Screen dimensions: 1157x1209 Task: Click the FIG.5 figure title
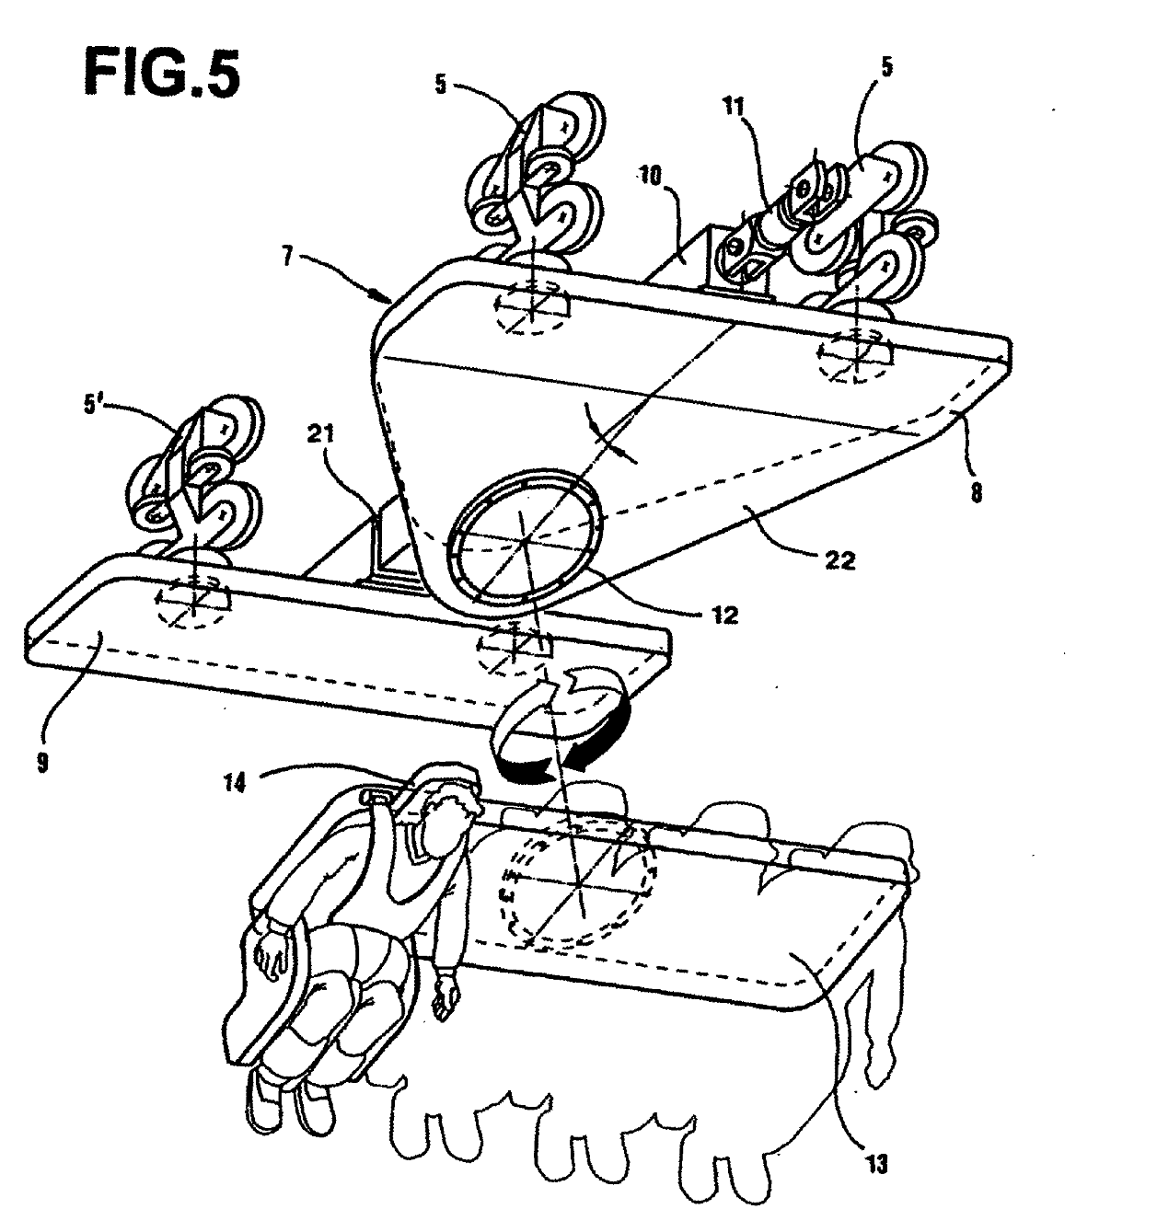162,74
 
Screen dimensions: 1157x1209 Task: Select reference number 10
650,176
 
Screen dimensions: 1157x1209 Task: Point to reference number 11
734,107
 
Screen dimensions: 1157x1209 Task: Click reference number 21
319,433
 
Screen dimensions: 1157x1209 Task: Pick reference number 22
840,561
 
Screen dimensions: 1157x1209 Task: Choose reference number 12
723,615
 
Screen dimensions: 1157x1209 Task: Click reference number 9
42,763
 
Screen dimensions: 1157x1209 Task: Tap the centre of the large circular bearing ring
525,539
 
